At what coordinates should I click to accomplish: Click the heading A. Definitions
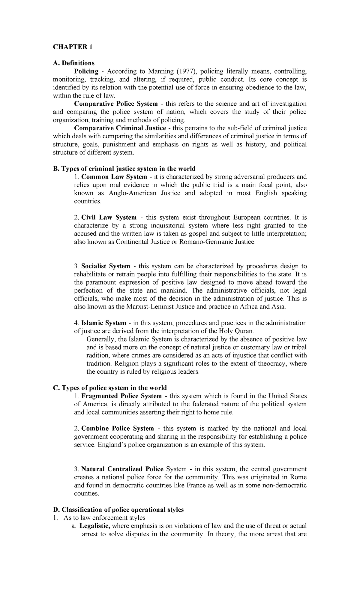coord(73,63)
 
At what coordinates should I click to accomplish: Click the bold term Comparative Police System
coord(116,104)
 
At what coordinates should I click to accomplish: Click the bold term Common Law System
coord(114,177)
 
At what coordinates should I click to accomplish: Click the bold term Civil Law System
coord(109,217)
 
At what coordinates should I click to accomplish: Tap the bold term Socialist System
coord(106,266)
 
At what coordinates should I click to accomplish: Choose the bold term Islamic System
coord(103,323)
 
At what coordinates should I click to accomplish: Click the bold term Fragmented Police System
coord(123,396)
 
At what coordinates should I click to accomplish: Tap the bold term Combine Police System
coord(117,428)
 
